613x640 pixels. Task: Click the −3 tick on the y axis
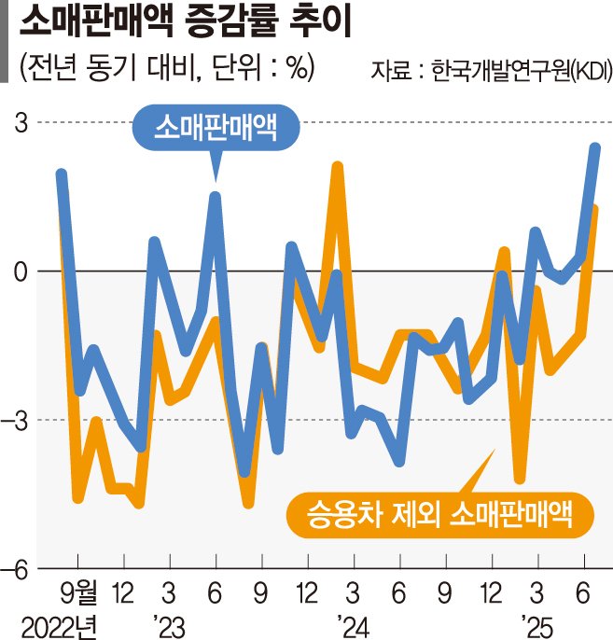pyautogui.click(x=18, y=420)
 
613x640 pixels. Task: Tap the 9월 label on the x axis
pyautogui.click(x=79, y=592)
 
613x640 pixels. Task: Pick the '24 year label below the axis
pyautogui.click(x=348, y=622)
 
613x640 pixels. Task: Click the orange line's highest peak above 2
pyautogui.click(x=338, y=167)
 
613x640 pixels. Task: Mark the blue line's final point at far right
pyautogui.click(x=595, y=147)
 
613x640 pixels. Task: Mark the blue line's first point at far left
pyautogui.click(x=62, y=174)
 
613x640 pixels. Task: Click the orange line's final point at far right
pyautogui.click(x=594, y=209)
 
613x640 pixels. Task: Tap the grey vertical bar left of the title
pyautogui.click(x=7, y=43)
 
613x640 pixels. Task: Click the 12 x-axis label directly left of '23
pyautogui.click(x=121, y=592)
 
